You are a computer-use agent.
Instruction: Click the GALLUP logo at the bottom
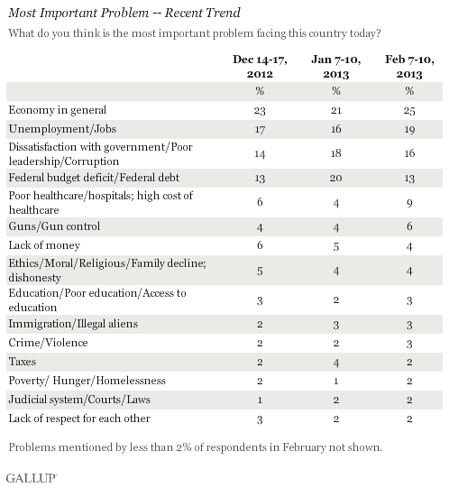32,478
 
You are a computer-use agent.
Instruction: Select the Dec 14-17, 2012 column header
260,67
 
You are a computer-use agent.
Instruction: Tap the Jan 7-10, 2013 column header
336,67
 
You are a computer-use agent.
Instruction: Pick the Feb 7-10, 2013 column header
409,67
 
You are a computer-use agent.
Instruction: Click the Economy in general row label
58,110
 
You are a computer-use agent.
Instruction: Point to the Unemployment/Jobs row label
62,129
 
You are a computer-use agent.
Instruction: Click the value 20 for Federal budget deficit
336,178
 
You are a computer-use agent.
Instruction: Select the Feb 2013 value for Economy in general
409,110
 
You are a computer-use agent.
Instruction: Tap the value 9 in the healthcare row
409,203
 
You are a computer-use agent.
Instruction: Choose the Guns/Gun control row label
54,226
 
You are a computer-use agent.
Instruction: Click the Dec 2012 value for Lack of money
260,245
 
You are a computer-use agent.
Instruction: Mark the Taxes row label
23,362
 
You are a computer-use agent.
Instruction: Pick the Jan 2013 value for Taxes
336,363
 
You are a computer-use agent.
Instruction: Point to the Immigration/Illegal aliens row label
73,324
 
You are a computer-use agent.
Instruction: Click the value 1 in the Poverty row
336,381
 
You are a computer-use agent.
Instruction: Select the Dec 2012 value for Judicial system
260,400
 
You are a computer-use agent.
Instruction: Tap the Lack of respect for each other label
79,419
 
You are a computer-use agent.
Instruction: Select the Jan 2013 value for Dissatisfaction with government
336,153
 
